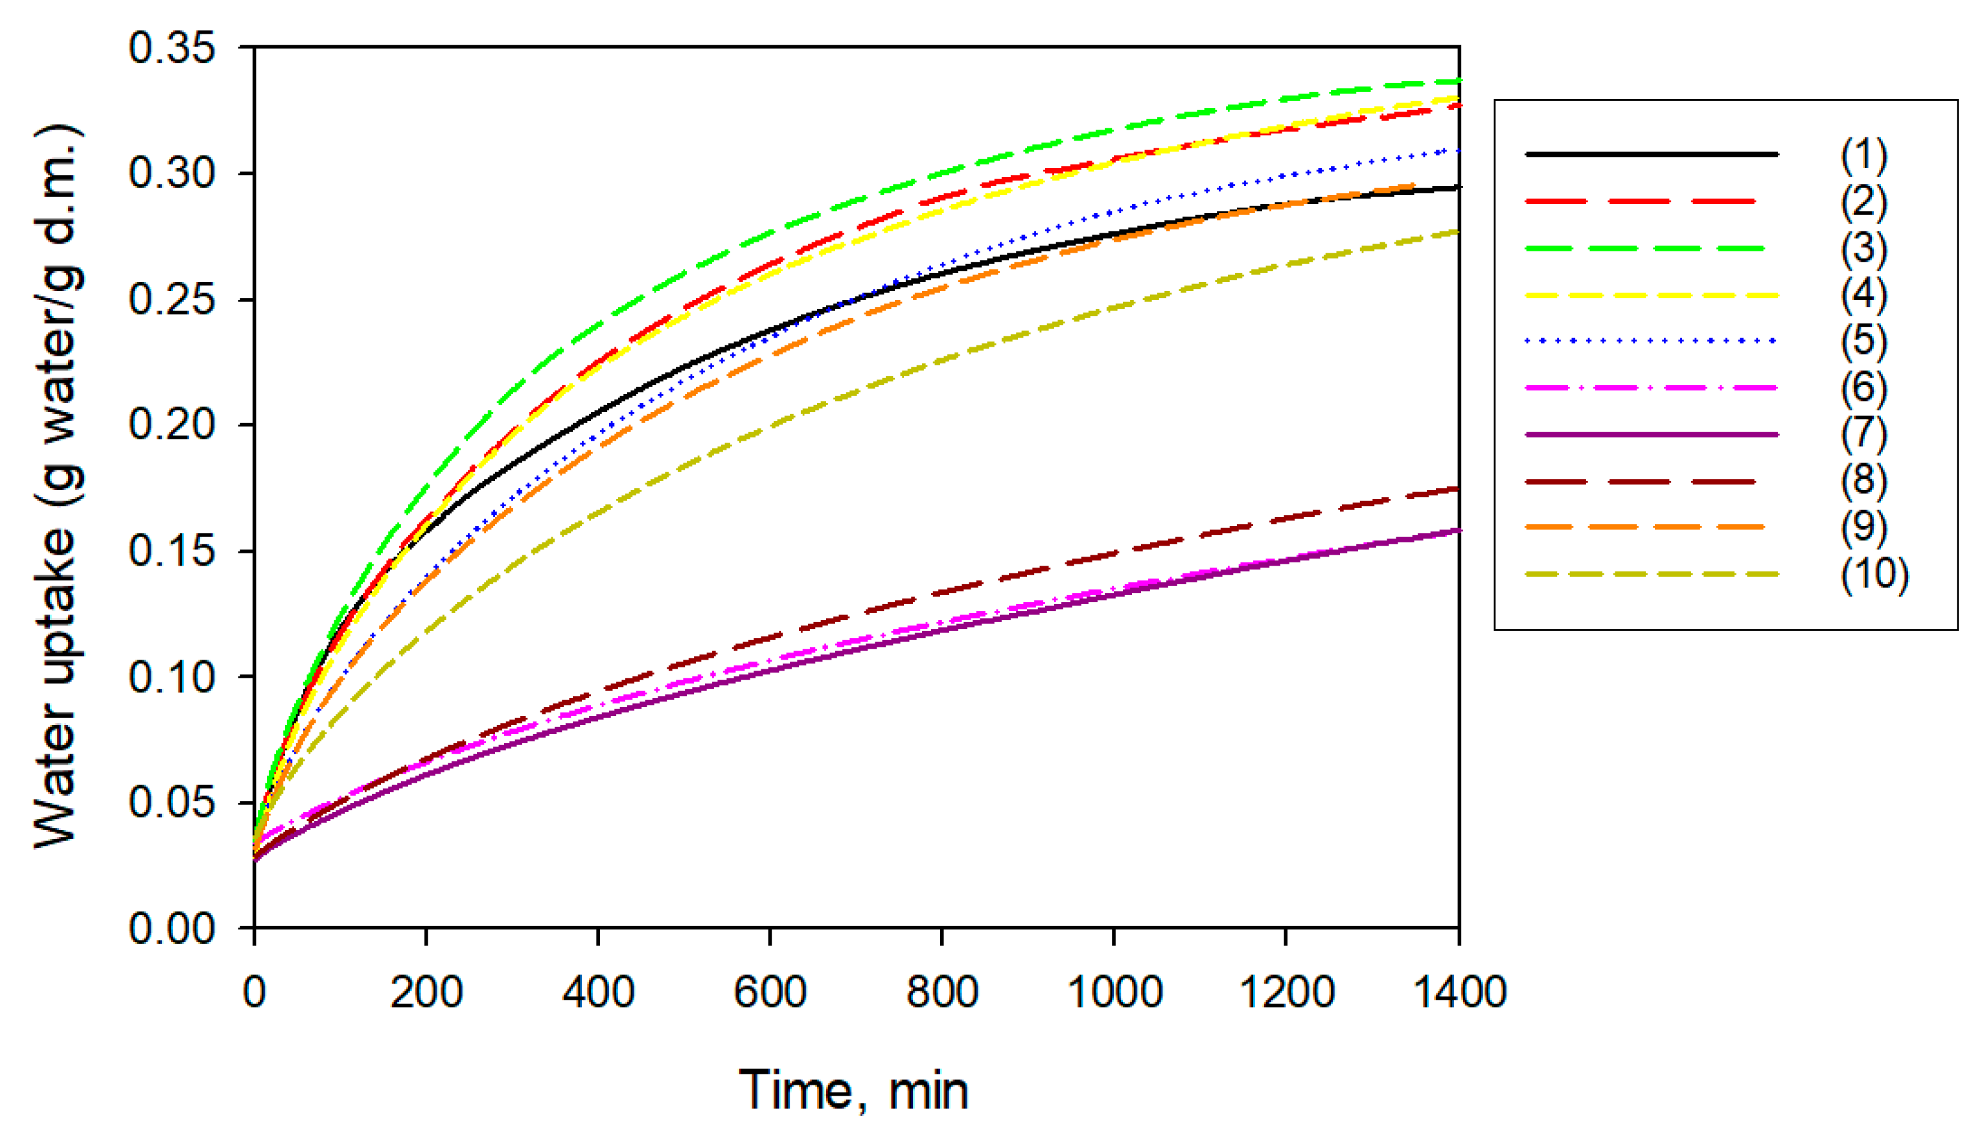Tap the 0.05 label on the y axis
[x=171, y=802]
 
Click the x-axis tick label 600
[x=770, y=991]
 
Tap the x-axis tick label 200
[x=426, y=991]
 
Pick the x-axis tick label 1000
[x=1114, y=991]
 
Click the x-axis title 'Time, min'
[x=854, y=1091]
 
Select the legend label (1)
[x=1864, y=155]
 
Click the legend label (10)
[x=1874, y=574]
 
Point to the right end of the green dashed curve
[x=1457, y=82]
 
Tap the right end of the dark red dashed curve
[x=1457, y=489]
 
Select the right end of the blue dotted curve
[x=1457, y=149]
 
